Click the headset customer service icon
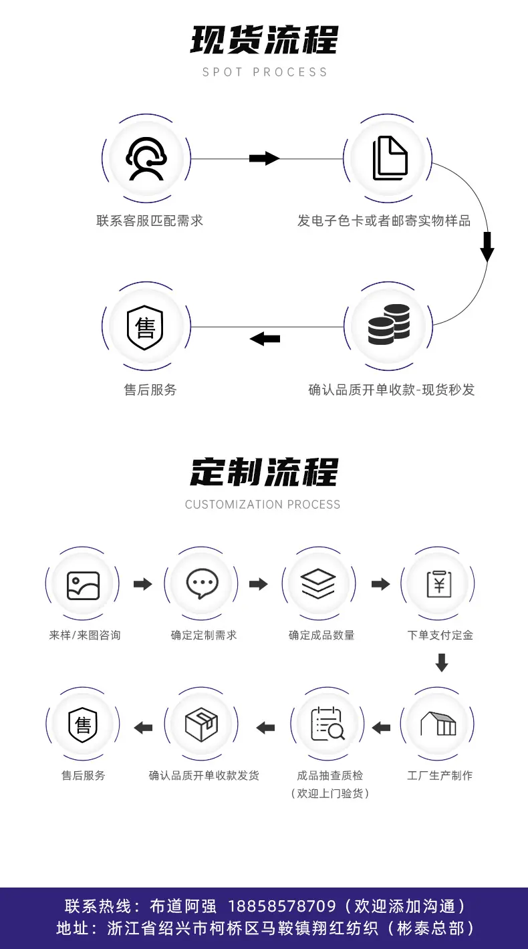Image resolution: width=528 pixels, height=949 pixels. pos(146,159)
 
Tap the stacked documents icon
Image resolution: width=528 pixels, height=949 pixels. pos(390,158)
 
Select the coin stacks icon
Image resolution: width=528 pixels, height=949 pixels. pos(389,324)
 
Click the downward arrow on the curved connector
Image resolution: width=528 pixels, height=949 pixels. pos(487,247)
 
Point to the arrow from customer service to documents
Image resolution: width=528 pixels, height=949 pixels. pos(265,158)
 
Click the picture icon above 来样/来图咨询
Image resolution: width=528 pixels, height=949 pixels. pos(83,585)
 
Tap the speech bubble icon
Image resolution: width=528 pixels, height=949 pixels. pos(202,583)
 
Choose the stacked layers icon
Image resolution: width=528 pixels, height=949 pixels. pos(318,584)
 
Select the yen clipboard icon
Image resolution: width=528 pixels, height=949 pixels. pos(439,584)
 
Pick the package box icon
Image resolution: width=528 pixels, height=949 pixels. pos(201,724)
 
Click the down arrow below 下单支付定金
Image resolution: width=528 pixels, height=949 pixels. pos(442,662)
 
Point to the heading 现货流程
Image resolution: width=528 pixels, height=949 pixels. pos(264,40)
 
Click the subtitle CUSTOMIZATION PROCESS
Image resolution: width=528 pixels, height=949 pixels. pos(263,504)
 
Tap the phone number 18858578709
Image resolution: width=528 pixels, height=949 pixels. pos(282,906)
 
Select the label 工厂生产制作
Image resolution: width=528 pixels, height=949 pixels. pos(440,775)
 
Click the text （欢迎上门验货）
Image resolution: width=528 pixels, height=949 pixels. pos(329,793)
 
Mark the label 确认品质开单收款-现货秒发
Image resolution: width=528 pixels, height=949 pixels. pos(392,390)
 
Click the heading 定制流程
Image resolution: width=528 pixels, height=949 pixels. pos(264,472)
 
